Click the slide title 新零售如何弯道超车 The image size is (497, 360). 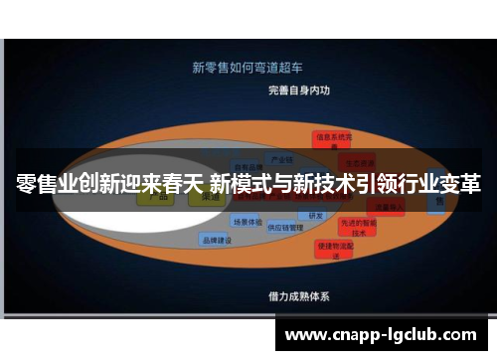coord(248,68)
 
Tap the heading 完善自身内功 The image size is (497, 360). coord(298,90)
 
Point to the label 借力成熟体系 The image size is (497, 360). coord(298,296)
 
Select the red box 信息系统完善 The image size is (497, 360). coord(330,139)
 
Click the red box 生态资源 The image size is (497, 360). coord(354,159)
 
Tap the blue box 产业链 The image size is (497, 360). coord(281,159)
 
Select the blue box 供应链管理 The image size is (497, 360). coord(286,227)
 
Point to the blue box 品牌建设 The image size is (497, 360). coord(216,240)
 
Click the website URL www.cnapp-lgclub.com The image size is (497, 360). coord(381,335)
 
